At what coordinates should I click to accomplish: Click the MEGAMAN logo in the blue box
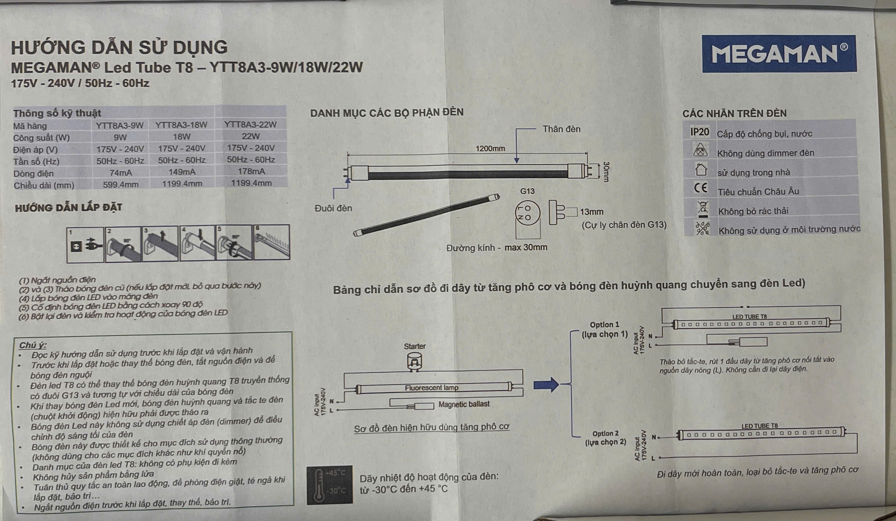(779, 54)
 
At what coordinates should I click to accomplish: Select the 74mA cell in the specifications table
(120, 173)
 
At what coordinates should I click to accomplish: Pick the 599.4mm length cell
(120, 185)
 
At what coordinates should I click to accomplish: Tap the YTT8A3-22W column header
(250, 124)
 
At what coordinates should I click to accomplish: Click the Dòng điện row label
(33, 174)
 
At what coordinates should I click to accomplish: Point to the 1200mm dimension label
(490, 149)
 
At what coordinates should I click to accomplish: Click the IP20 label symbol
(699, 132)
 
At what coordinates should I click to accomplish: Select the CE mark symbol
(700, 188)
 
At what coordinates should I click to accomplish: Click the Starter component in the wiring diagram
(414, 362)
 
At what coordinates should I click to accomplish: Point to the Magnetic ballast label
(464, 404)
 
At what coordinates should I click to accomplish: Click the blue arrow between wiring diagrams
(546, 385)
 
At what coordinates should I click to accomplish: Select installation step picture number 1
(85, 245)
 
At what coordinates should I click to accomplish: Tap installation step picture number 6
(272, 242)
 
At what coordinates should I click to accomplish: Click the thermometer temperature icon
(329, 484)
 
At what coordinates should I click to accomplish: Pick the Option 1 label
(605, 325)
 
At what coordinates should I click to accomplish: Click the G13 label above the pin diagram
(527, 191)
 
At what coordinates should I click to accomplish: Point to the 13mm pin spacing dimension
(591, 212)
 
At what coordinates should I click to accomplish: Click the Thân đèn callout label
(561, 130)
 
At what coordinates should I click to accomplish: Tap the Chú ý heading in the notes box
(32, 345)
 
